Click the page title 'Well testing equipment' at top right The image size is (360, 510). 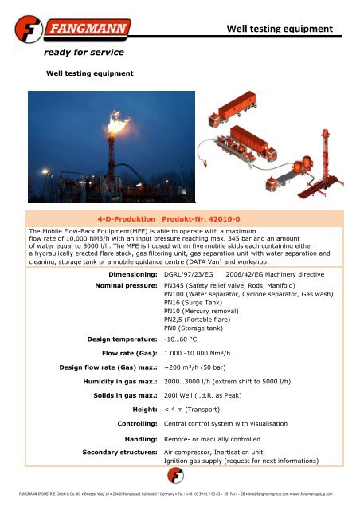pyautogui.click(x=278, y=29)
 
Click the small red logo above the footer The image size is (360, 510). pyautogui.click(x=180, y=476)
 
